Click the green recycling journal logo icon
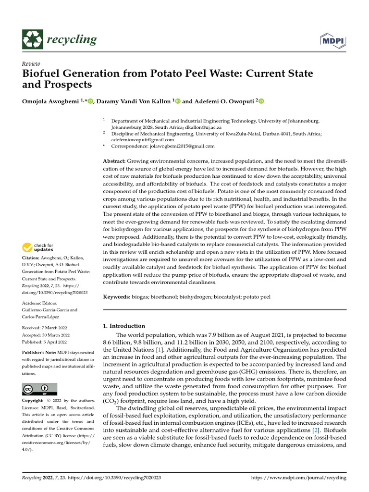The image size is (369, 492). coord(33,39)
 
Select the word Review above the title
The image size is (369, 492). coord(31,64)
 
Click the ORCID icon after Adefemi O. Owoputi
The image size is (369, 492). coord(261,101)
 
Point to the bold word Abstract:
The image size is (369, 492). coord(115,160)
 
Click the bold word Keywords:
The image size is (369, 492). coord(117,297)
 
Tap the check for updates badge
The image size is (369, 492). coord(38,248)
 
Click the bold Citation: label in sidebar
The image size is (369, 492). coord(32,258)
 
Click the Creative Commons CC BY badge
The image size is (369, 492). coord(39,389)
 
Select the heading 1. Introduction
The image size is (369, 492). coord(124,326)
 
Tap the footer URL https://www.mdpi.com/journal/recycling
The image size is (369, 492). coord(299,478)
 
